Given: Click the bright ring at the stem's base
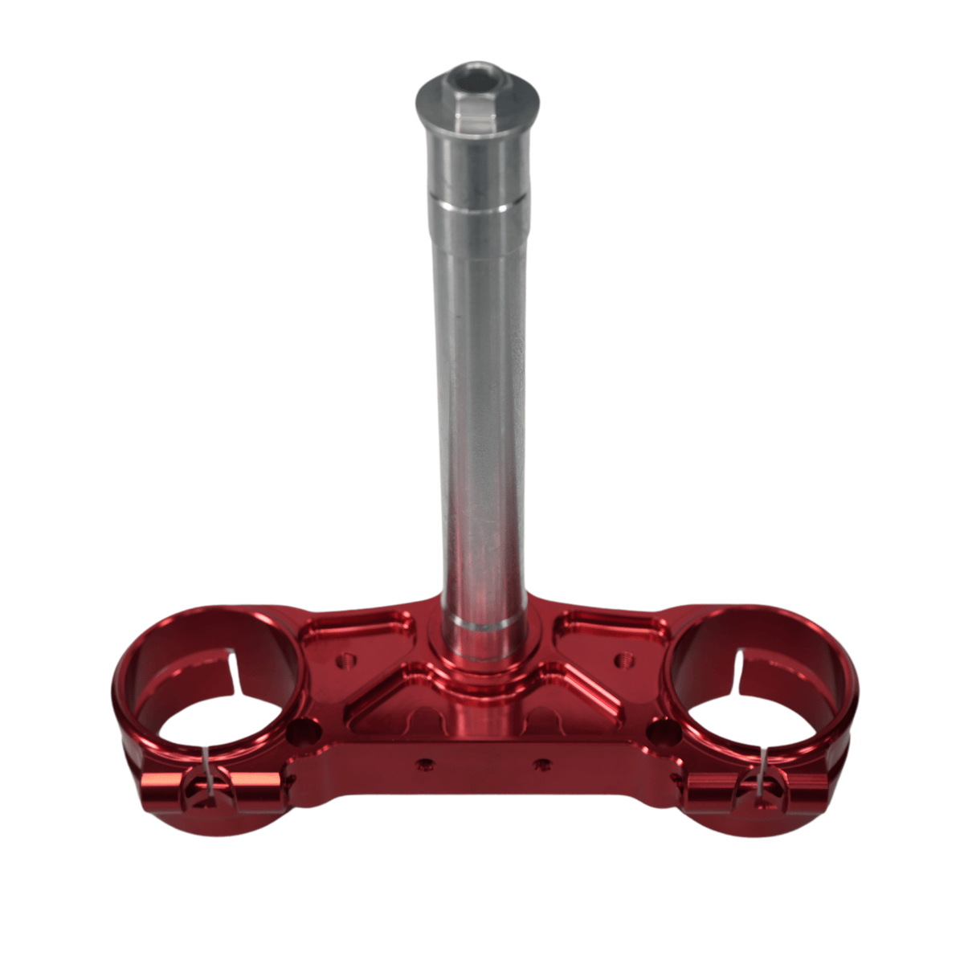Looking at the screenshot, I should pyautogui.click(x=480, y=623).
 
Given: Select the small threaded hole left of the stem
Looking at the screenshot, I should pyautogui.click(x=347, y=661).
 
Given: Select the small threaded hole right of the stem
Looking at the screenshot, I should pyautogui.click(x=620, y=660).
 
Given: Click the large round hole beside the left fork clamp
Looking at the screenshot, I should pyautogui.click(x=304, y=730).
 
